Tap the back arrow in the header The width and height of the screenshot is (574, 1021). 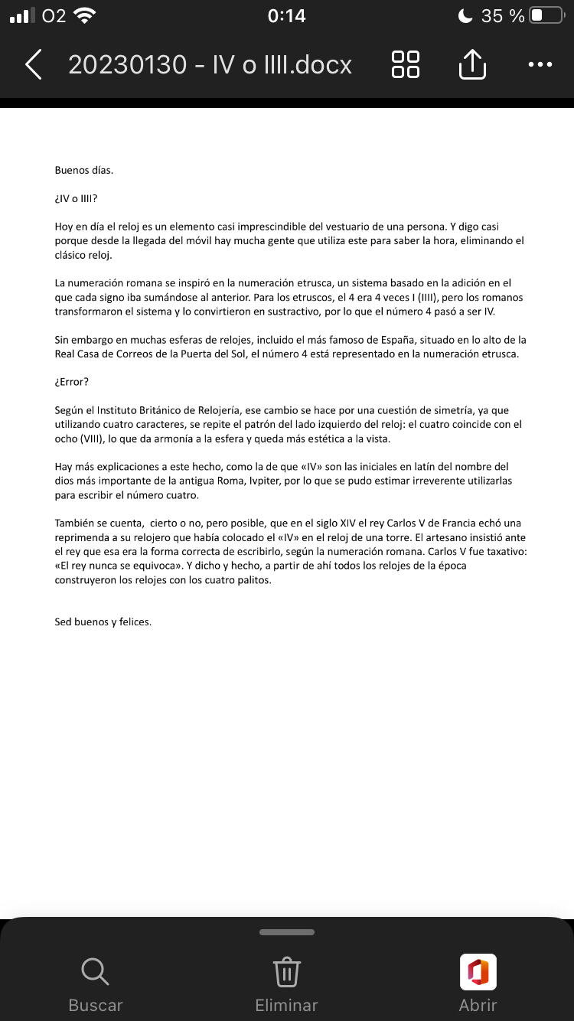tap(33, 65)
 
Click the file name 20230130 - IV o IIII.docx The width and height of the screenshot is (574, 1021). tap(210, 65)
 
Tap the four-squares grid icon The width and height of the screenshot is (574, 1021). tap(405, 65)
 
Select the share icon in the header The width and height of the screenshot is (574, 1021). tap(472, 64)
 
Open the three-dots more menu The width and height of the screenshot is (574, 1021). tap(540, 65)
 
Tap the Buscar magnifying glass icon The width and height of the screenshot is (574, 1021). tap(95, 972)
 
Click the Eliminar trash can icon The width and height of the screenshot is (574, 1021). tap(286, 972)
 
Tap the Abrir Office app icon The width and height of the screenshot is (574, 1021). tap(478, 972)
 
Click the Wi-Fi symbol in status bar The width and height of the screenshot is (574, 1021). tap(85, 15)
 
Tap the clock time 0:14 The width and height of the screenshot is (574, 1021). tap(287, 15)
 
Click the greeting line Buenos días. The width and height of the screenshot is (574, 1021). tap(84, 170)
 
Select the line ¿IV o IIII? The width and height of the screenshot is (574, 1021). tap(77, 198)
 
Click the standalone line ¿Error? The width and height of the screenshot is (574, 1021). tap(72, 382)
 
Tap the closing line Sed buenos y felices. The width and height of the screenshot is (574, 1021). tap(103, 621)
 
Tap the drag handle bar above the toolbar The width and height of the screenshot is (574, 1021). tap(287, 932)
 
